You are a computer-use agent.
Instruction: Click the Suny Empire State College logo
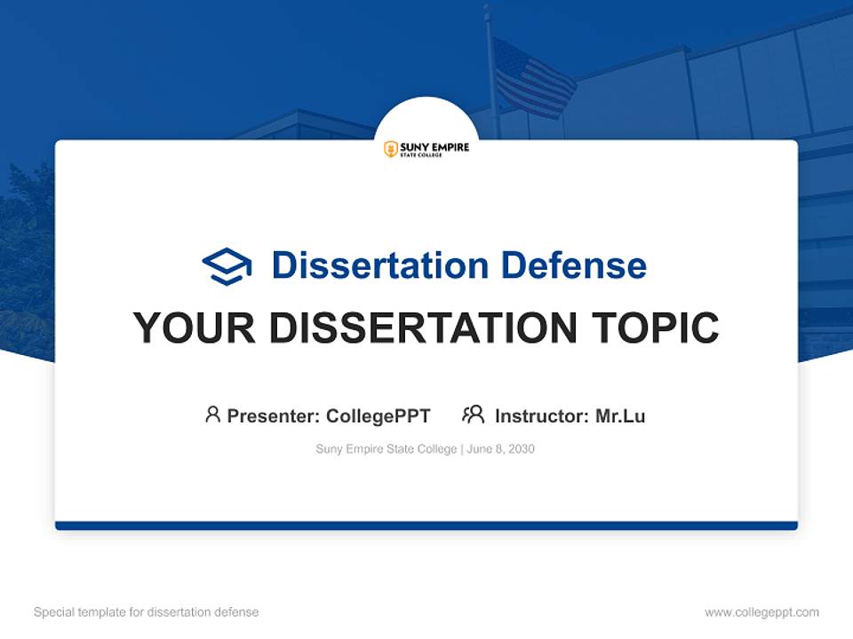coord(426,149)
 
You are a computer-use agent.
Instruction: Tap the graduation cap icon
coord(227,266)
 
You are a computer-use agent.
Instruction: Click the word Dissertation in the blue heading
coord(379,265)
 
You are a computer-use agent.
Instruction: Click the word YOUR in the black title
coord(195,328)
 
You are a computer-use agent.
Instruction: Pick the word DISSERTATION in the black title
coord(426,328)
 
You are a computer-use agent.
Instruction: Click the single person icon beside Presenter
coord(212,414)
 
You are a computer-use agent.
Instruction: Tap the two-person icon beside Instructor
coord(474,414)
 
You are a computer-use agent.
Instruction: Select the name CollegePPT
coord(378,416)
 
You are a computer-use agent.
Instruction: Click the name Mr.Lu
coord(620,416)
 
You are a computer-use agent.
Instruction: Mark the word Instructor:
coord(541,416)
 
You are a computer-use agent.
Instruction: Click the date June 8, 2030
coord(500,450)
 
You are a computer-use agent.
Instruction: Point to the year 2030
coord(522,450)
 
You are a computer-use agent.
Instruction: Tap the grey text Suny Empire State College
coord(386,450)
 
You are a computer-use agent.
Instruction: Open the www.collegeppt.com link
coord(761,612)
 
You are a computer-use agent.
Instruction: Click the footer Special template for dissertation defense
coord(147,612)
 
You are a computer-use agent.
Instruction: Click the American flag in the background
coord(532,77)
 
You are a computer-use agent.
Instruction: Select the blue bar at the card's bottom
coord(426,526)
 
